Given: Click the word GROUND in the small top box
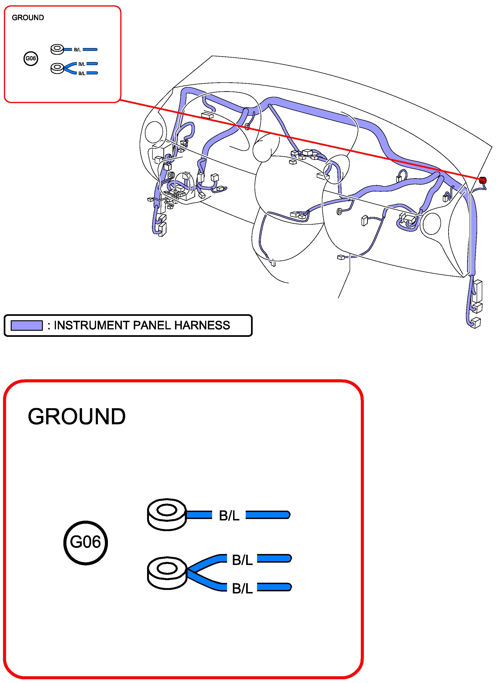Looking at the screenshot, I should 28,17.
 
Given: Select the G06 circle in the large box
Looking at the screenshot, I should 86,542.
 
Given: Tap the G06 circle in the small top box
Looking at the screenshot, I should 31,58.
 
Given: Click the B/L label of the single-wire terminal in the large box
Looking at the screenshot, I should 229,516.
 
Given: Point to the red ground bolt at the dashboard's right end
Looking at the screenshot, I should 482,180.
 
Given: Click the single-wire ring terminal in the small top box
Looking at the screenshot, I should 57,49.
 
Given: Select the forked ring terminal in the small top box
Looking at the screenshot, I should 57,68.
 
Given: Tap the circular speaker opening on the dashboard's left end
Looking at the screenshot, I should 154,132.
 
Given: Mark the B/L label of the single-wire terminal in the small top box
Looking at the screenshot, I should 77,50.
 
